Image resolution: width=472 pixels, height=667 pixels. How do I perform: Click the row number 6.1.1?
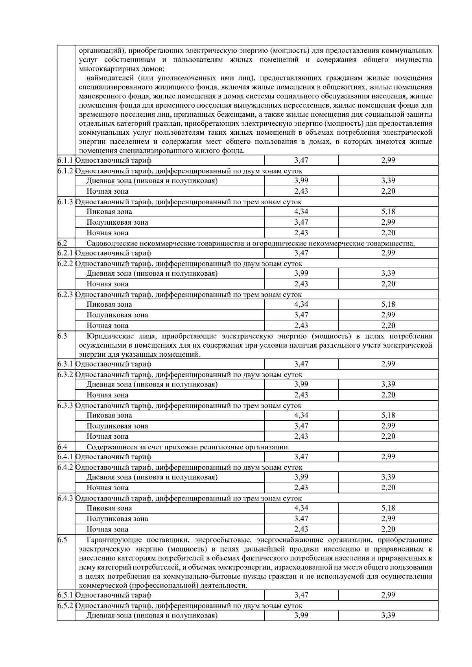point(65,160)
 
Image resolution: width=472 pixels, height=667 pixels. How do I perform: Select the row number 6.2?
point(62,243)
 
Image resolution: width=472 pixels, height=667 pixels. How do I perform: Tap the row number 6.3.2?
point(65,374)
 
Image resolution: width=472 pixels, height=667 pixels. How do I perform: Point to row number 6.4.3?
point(65,498)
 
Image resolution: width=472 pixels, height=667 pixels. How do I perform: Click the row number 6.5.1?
point(65,595)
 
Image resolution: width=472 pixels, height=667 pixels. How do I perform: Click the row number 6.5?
point(62,540)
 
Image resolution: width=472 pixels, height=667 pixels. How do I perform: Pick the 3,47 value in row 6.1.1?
point(301,160)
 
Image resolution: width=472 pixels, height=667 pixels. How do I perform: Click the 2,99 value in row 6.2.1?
point(388,253)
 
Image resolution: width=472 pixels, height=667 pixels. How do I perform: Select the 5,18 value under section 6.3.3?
point(388,415)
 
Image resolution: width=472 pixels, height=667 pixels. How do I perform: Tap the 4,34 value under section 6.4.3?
point(301,508)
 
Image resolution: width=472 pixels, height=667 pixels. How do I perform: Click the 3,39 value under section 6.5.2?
point(388,616)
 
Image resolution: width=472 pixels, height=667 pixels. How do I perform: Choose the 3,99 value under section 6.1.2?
point(301,181)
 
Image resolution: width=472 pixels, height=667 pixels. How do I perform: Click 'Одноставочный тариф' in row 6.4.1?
point(113,457)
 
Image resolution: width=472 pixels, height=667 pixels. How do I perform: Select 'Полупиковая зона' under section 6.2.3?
point(117,315)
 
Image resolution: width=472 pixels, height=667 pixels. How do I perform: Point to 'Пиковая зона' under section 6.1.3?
point(109,212)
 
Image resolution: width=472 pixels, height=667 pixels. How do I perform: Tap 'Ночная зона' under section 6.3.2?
point(107,395)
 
